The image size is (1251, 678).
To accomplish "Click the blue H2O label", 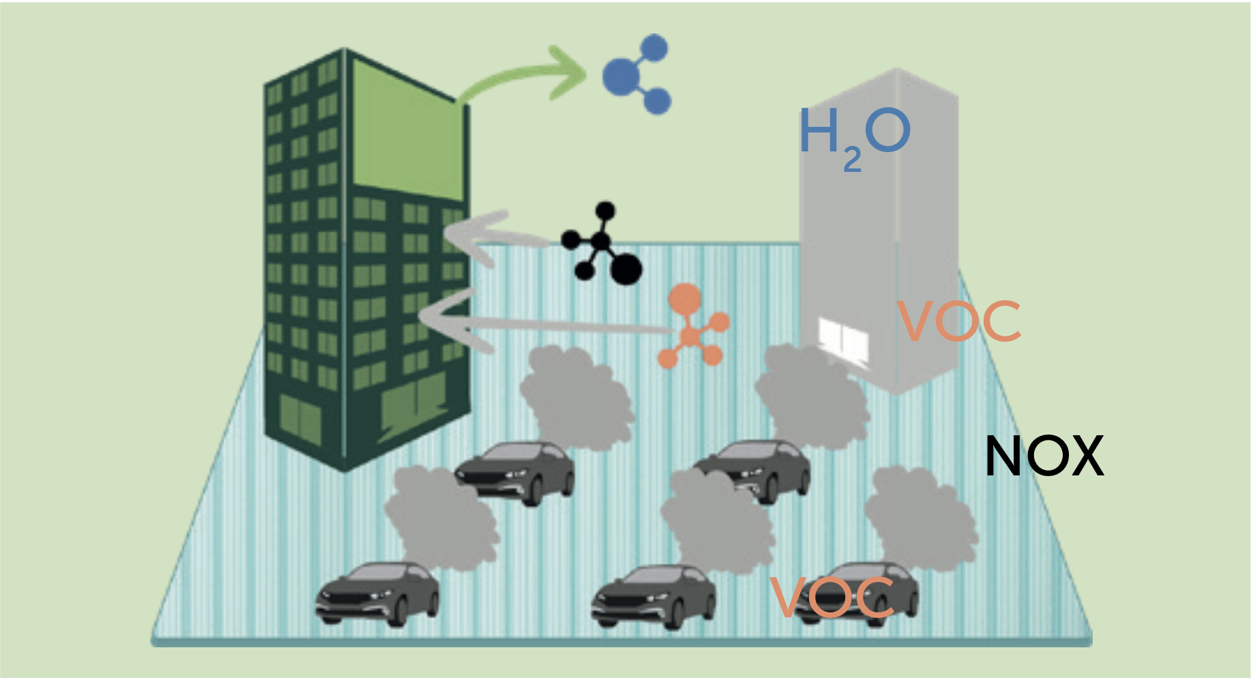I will (x=854, y=132).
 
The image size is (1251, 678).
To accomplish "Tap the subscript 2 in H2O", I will (x=852, y=161).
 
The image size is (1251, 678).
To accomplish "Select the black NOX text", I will (x=1044, y=456).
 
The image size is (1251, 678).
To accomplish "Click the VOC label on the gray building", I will (x=959, y=321).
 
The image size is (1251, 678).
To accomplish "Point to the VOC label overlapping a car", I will (x=832, y=598).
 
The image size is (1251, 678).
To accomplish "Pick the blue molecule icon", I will (x=636, y=74).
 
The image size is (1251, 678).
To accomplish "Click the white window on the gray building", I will (x=844, y=342).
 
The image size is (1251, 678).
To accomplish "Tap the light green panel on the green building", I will (x=407, y=130).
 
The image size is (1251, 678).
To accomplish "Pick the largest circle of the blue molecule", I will (x=620, y=75).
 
